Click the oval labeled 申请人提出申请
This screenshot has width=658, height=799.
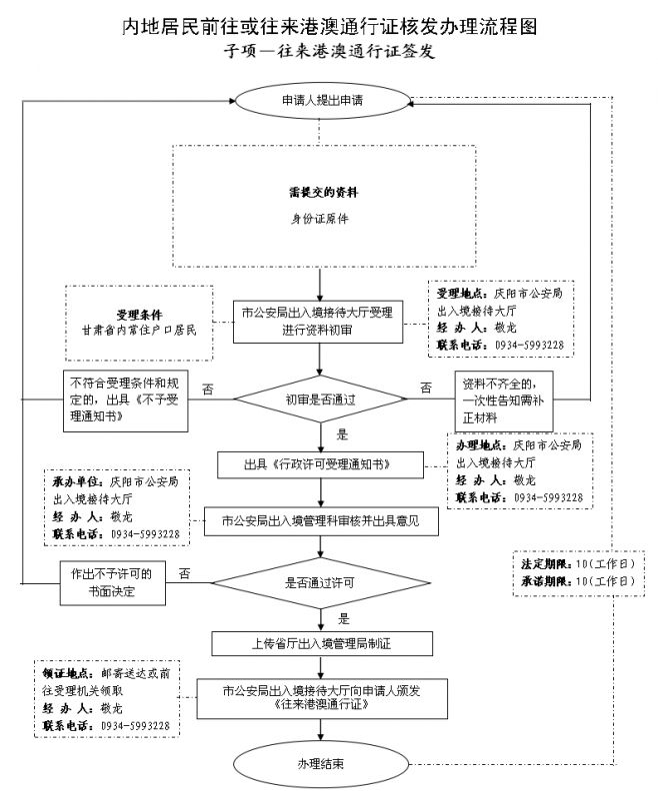[320, 101]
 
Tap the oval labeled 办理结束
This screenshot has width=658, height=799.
[320, 764]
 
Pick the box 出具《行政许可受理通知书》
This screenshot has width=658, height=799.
[319, 465]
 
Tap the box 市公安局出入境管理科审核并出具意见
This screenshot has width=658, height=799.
[320, 520]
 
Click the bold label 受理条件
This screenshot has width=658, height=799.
[140, 314]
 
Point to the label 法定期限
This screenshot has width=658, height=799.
[546, 563]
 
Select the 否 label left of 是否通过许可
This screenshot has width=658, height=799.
[185, 573]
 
